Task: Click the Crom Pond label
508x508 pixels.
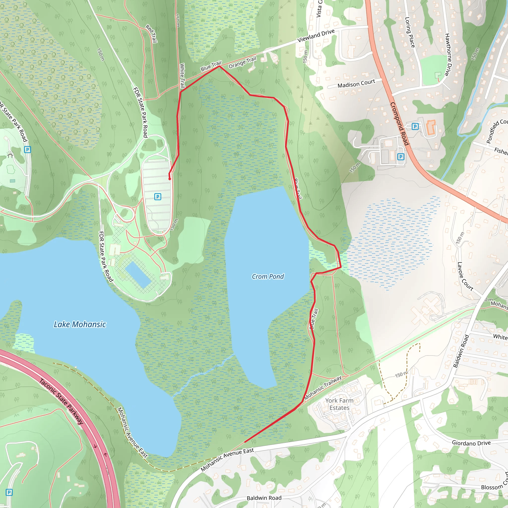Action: (x=268, y=276)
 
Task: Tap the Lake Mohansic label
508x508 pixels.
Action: (x=80, y=324)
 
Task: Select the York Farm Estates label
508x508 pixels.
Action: (x=339, y=404)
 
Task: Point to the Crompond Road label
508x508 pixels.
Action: (x=399, y=124)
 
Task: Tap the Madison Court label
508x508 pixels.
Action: (x=356, y=84)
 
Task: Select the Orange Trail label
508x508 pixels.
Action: (x=242, y=63)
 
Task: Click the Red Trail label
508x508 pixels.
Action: (x=152, y=34)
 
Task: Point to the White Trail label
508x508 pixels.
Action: (x=182, y=76)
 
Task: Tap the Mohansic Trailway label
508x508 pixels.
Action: (x=323, y=388)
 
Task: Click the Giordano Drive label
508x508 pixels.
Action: (x=471, y=443)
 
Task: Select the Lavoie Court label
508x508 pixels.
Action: (x=465, y=276)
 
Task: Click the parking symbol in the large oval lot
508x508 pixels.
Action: (x=158, y=196)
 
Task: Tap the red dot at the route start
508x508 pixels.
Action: (x=170, y=179)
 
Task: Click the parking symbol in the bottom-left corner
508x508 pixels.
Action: (x=9, y=492)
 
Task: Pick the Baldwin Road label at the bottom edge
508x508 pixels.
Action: (x=264, y=498)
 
